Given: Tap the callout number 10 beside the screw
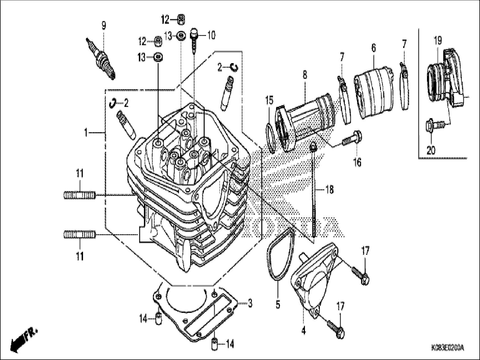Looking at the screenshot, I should pyautogui.click(x=211, y=36).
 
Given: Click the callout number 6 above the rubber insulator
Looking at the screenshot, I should pyautogui.click(x=374, y=48).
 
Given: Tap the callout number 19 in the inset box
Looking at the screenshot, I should pyautogui.click(x=438, y=41).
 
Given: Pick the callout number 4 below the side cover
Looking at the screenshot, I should pyautogui.click(x=304, y=331).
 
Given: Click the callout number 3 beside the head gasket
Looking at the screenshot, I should pyautogui.click(x=250, y=303).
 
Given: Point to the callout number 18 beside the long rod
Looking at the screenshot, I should pyautogui.click(x=329, y=190).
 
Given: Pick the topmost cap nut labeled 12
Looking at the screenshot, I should pyautogui.click(x=181, y=20).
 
